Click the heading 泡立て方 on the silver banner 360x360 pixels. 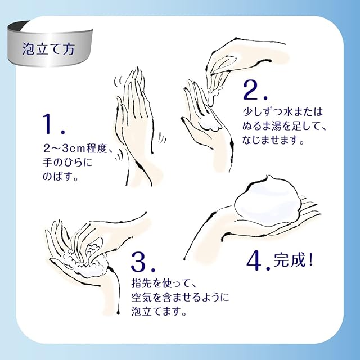[48, 49]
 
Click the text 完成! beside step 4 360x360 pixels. [293, 260]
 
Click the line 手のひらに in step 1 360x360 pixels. [67, 163]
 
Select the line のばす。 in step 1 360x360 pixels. [61, 177]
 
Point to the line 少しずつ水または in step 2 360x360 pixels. [283, 111]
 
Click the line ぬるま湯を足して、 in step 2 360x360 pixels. [285, 126]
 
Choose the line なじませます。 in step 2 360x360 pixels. [273, 140]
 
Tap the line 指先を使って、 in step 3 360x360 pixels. [164, 283]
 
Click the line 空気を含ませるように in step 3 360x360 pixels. [180, 298]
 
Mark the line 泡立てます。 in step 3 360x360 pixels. [159, 312]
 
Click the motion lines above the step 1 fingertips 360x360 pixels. [118, 82]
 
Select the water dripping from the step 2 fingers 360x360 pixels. [214, 96]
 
